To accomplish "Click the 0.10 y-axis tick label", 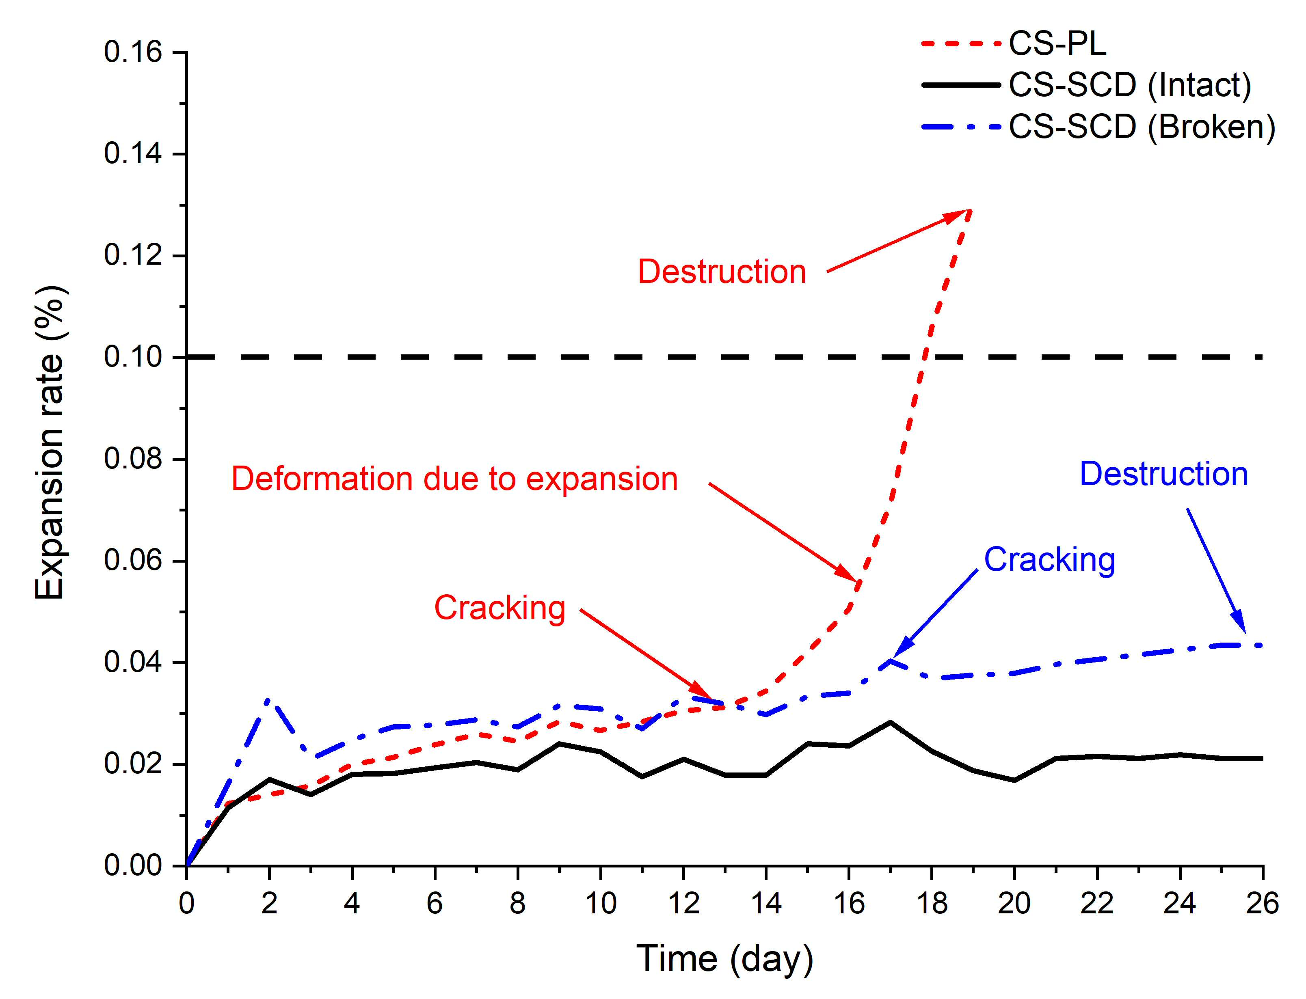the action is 133,357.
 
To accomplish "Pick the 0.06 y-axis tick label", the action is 133,560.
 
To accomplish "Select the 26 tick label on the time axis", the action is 1262,904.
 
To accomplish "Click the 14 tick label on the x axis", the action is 766,904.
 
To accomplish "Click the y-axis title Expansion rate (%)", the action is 50,443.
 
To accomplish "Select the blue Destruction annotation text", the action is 1164,474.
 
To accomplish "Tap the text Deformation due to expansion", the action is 455,479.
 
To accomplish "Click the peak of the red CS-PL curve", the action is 970,210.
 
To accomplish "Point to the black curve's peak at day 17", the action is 890,722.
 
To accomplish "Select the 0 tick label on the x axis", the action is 187,904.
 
